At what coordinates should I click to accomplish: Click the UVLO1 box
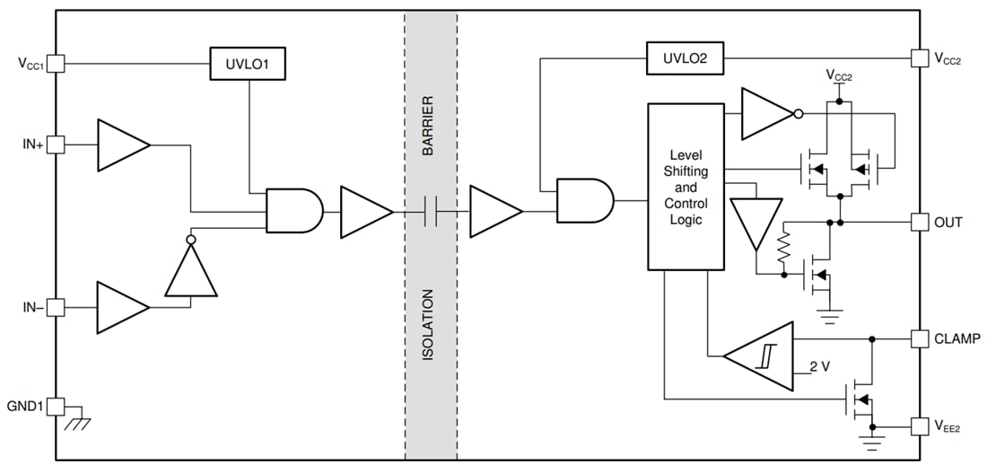(x=247, y=64)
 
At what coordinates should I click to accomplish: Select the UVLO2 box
(x=685, y=58)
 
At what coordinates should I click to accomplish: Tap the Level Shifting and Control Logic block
(x=686, y=187)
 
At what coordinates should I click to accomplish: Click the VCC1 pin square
(x=55, y=64)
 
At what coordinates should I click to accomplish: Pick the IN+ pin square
(x=55, y=145)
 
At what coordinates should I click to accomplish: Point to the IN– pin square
(x=55, y=308)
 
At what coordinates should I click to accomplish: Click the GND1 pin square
(x=55, y=406)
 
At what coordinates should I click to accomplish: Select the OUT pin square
(x=920, y=222)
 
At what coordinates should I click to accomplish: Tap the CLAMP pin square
(x=920, y=338)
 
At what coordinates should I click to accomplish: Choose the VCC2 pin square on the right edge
(x=920, y=58)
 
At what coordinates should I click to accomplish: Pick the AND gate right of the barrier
(x=584, y=200)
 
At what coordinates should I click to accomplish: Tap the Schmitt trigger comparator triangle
(x=762, y=356)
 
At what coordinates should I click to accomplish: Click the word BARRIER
(x=429, y=126)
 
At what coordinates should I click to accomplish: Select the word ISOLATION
(x=429, y=325)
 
